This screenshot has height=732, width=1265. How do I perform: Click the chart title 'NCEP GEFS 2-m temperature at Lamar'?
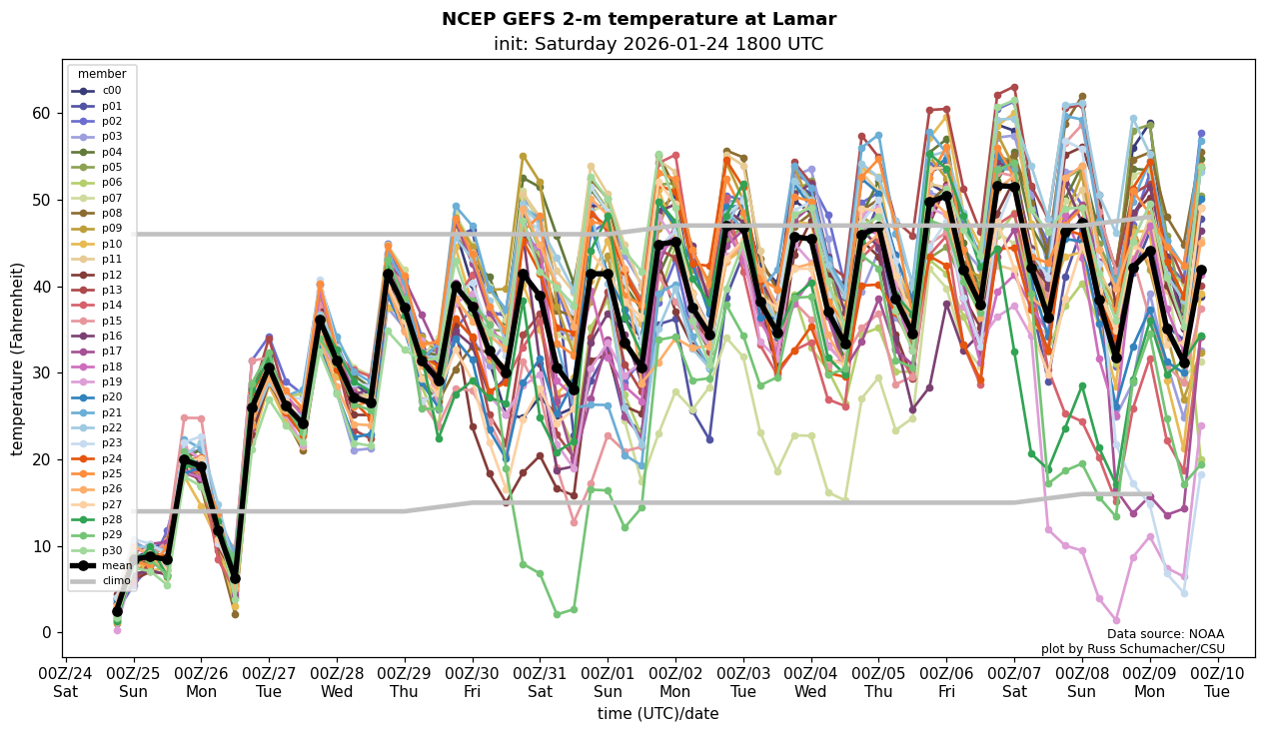coord(638,19)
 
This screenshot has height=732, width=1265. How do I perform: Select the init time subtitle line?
coord(657,44)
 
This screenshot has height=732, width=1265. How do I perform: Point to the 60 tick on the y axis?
coord(42,113)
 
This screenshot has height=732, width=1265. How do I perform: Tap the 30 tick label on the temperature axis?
coord(42,372)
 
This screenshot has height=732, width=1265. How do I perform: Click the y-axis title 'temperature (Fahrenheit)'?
coord(18,359)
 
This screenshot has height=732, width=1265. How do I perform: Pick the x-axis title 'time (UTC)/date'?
coord(657,714)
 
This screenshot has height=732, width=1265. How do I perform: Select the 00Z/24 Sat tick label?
coord(66,682)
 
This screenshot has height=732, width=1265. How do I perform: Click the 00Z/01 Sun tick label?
coord(608,682)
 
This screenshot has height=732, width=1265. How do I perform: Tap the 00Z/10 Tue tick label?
coord(1216,682)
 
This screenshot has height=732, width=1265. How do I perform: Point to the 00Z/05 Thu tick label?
coord(878,682)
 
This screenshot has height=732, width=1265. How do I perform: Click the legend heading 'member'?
coord(102,74)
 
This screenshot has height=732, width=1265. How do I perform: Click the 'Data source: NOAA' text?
coord(1165,634)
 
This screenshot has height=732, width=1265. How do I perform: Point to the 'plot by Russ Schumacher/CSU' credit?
coord(1132,649)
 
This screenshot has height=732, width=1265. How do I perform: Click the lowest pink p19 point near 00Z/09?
coord(1116,620)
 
